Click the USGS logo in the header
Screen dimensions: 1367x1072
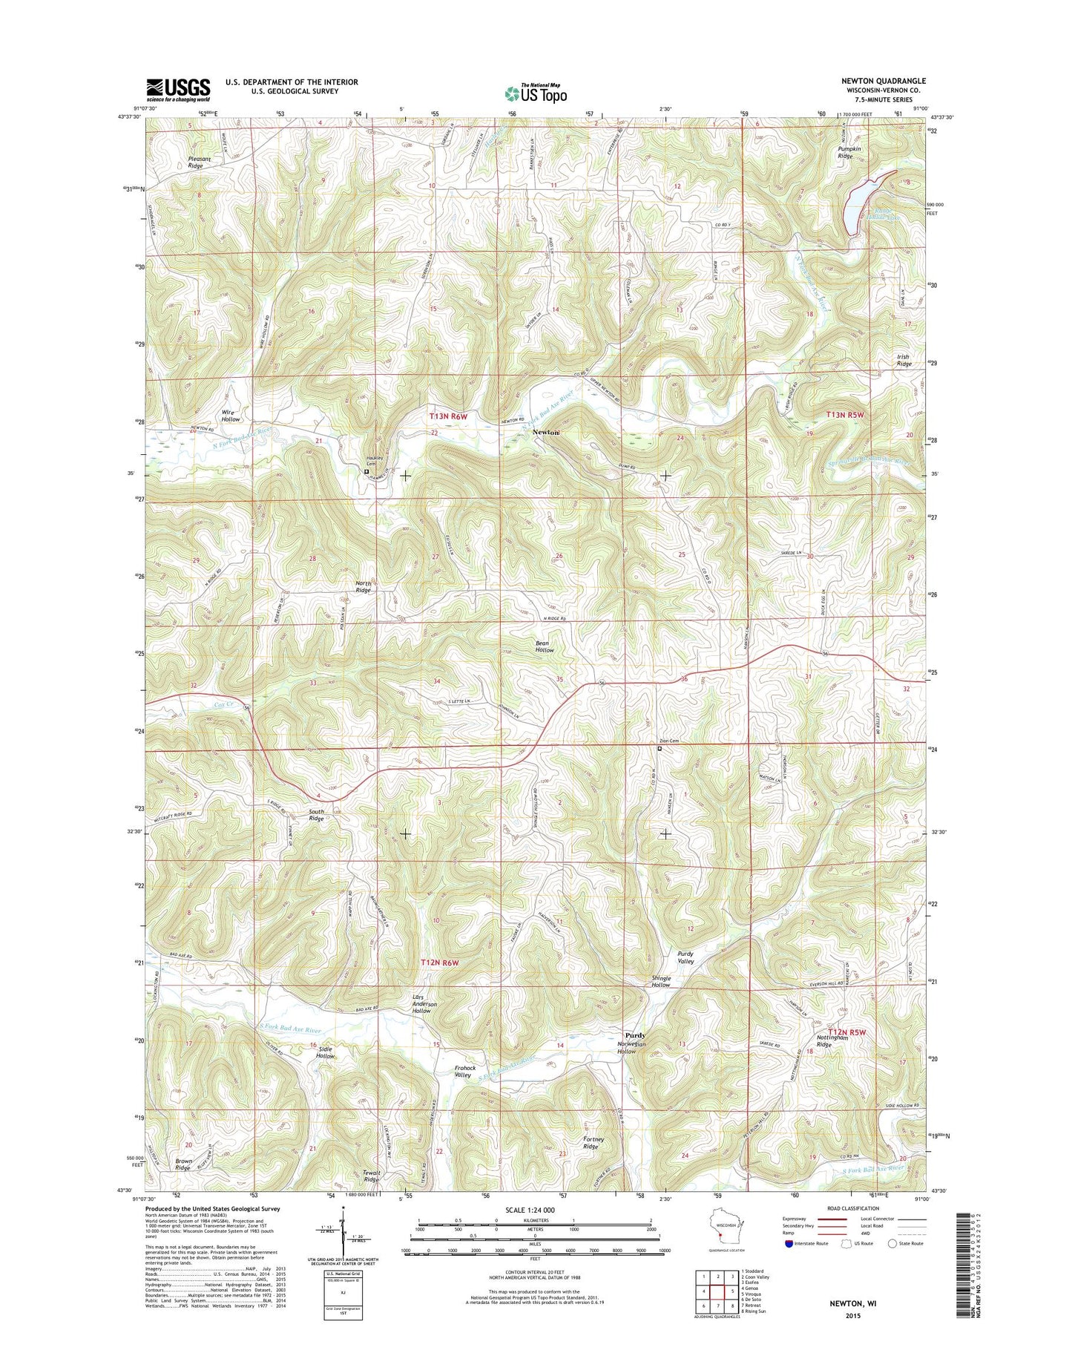tap(178, 89)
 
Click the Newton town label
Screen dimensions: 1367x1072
tap(545, 432)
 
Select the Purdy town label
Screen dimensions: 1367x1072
tap(634, 1035)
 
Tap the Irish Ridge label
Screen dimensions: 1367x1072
tap(904, 360)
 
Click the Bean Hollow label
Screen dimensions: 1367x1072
tap(545, 646)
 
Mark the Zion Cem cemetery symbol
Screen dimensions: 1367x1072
tap(660, 749)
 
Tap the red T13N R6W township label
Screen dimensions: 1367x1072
tap(449, 418)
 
